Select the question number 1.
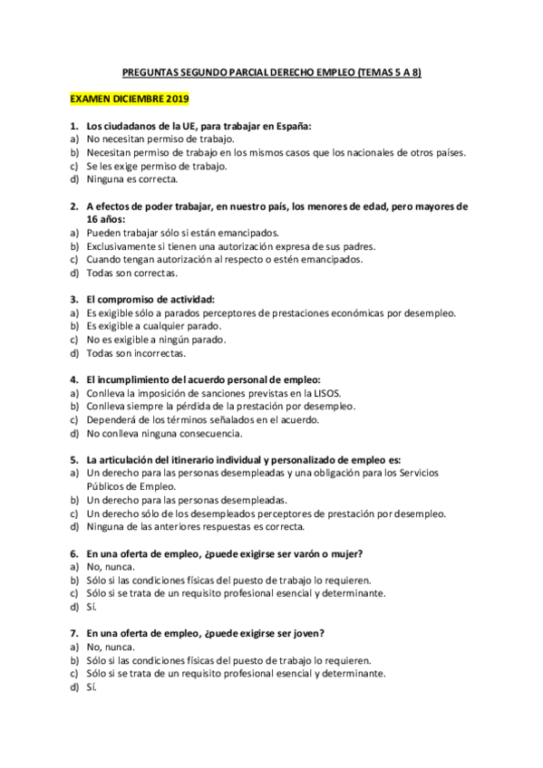coord(73,127)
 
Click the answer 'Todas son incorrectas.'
coord(136,352)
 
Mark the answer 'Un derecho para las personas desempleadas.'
coord(186,500)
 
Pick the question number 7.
coord(73,634)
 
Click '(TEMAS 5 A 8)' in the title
coord(390,73)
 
